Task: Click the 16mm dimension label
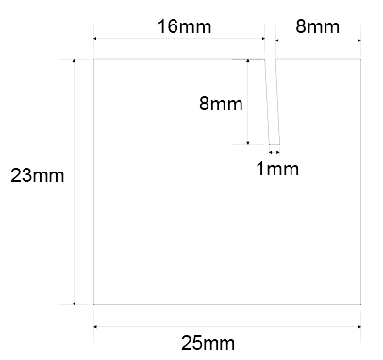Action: (x=184, y=26)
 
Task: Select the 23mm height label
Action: (x=38, y=175)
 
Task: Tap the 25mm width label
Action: (x=208, y=343)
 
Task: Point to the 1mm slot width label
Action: (x=277, y=169)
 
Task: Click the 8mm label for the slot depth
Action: (x=221, y=104)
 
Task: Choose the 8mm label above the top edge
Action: (x=318, y=26)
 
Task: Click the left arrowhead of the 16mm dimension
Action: (x=95, y=39)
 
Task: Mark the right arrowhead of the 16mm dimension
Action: (x=263, y=39)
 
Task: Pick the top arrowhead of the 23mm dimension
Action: (x=74, y=61)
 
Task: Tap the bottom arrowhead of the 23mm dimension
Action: (x=74, y=303)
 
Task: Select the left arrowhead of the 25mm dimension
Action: (x=95, y=327)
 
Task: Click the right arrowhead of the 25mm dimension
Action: (x=359, y=327)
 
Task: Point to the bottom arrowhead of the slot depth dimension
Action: (x=248, y=143)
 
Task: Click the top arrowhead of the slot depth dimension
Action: (x=248, y=61)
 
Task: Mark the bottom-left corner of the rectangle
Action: (x=93, y=304)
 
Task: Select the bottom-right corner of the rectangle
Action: (x=361, y=304)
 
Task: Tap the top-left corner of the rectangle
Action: (x=93, y=59)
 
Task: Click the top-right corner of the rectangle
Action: (x=361, y=59)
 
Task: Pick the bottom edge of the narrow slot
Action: (x=275, y=144)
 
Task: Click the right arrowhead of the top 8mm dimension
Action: (x=359, y=41)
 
